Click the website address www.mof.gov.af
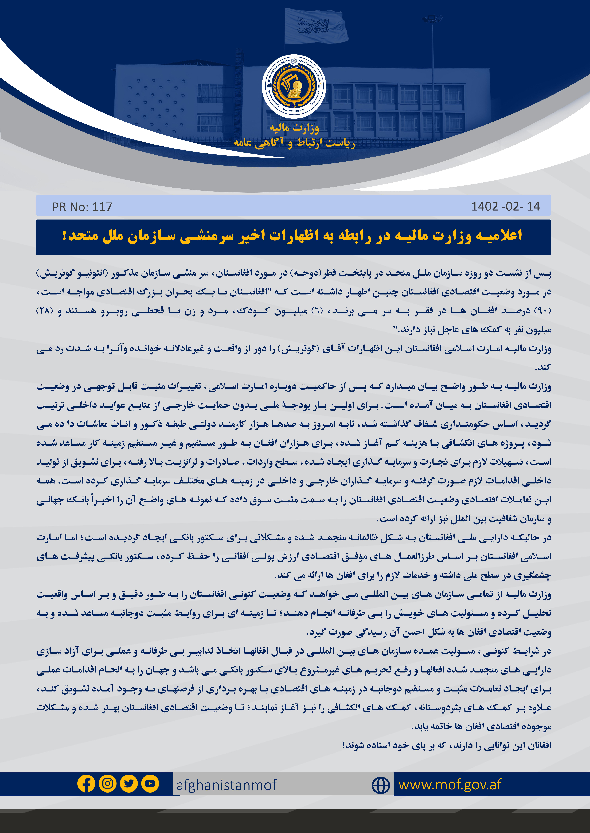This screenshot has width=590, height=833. (450, 784)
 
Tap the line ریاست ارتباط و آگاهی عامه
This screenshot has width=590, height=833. (294, 143)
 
